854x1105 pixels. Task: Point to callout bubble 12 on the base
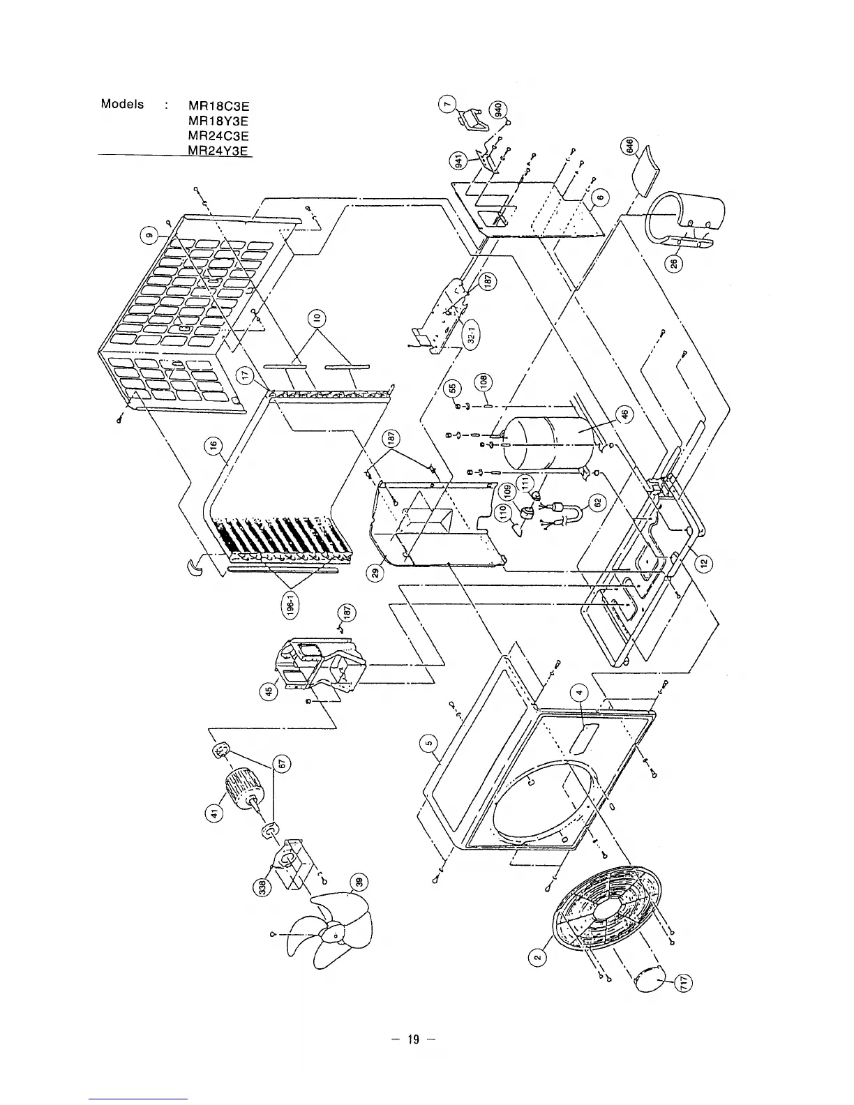tap(704, 562)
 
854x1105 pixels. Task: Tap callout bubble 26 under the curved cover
tap(675, 263)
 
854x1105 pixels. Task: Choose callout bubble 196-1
tap(294, 605)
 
